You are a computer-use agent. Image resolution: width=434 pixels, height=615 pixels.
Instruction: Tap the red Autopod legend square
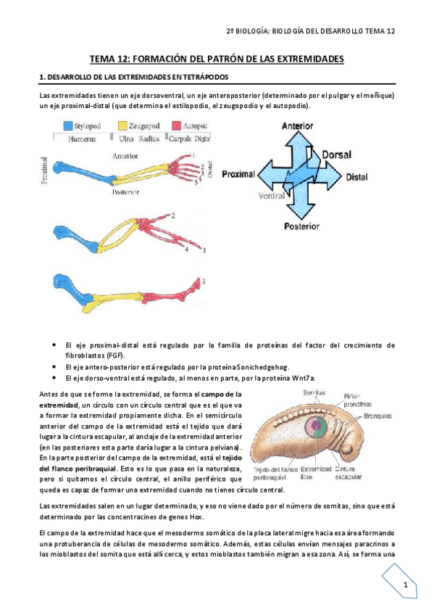pyautogui.click(x=176, y=125)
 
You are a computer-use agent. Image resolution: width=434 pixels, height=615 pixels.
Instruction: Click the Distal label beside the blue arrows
pyautogui.click(x=356, y=176)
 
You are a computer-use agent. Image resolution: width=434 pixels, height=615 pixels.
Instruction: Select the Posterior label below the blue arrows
pyautogui.click(x=300, y=226)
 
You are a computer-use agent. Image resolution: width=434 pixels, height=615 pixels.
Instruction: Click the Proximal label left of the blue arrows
pyautogui.click(x=242, y=176)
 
